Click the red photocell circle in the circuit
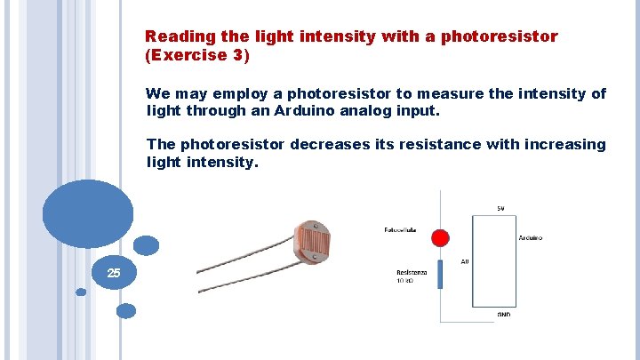(440, 238)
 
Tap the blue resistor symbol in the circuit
(440, 275)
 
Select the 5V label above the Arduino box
(501, 209)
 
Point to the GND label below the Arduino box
(504, 314)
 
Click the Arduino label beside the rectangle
(531, 238)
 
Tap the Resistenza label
(412, 272)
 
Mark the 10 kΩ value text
(404, 281)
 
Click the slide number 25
(114, 273)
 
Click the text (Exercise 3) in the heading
(197, 55)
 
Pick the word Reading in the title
(177, 36)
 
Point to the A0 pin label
(465, 261)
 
